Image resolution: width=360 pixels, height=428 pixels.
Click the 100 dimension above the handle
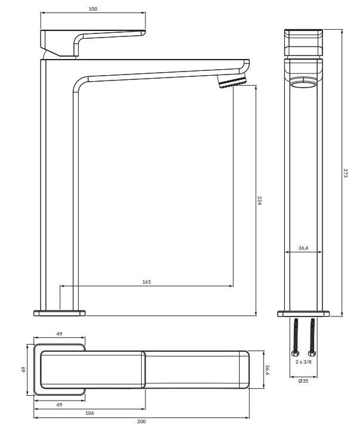point(93,9)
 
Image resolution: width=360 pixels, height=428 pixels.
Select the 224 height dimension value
point(259,200)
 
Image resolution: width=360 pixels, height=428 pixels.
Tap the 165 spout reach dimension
point(147,282)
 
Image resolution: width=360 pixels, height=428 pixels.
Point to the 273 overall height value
point(345,173)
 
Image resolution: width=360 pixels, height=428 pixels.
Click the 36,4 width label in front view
point(303,248)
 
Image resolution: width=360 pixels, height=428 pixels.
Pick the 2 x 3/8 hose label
point(303,362)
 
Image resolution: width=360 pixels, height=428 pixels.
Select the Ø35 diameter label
point(303,381)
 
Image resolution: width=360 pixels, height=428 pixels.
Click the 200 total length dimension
point(141,421)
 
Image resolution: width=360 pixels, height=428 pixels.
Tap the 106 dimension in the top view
point(89,413)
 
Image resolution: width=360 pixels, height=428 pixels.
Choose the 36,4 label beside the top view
point(267,370)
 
